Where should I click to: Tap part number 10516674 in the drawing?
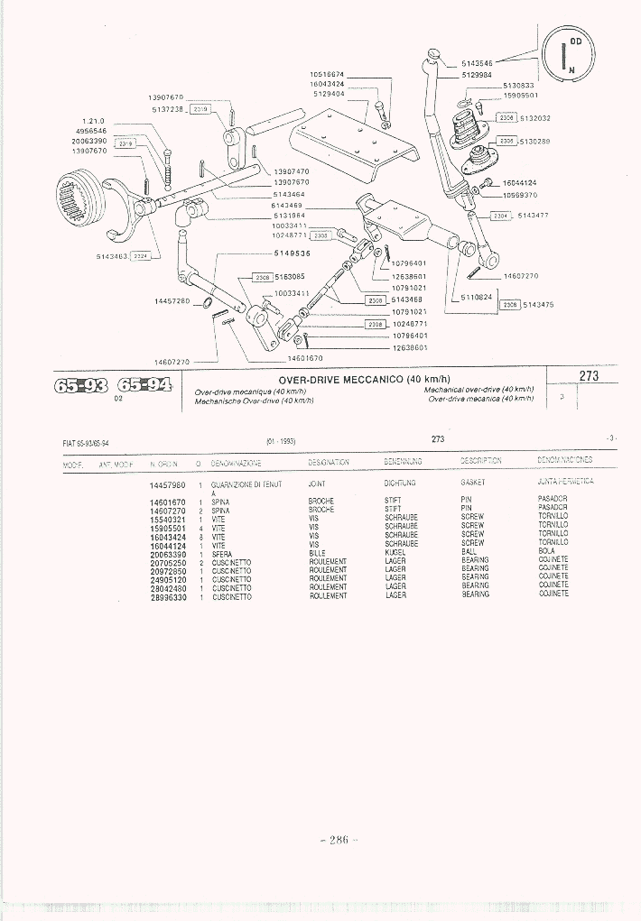327,74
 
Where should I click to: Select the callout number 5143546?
477,63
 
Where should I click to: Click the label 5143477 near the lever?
534,216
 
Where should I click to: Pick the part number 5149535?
293,253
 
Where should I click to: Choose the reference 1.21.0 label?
93,121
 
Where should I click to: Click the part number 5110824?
476,296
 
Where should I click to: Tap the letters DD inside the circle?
576,42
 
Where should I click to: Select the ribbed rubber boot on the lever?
463,133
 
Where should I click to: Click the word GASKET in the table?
473,483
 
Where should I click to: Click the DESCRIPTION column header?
481,461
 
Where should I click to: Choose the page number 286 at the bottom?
339,839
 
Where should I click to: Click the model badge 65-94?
144,386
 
